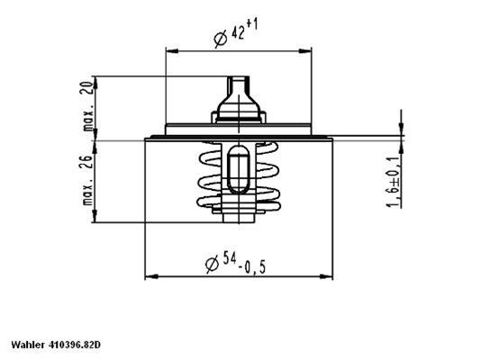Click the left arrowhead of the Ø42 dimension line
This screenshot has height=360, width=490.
[169, 49]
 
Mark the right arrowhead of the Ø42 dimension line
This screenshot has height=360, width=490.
[307, 49]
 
